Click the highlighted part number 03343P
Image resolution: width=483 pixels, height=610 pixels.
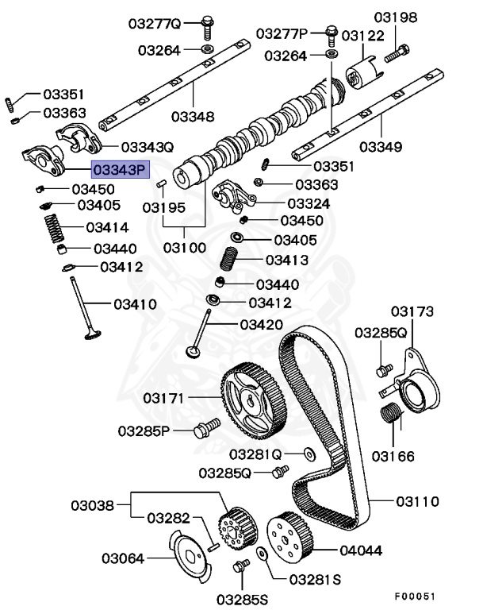(x=120, y=169)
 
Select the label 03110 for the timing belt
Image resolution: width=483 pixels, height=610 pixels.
(x=417, y=501)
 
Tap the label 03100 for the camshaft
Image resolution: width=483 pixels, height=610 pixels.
(x=185, y=247)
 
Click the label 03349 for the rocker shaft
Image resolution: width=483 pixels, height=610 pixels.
(x=380, y=147)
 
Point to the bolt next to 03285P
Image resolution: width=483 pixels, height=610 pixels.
(x=204, y=430)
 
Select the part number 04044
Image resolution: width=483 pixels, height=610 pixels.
(x=361, y=550)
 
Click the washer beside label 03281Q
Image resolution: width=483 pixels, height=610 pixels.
(x=307, y=454)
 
